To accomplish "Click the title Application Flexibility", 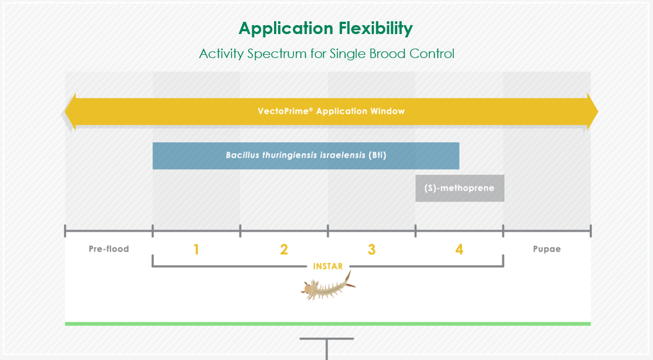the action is click(326, 29).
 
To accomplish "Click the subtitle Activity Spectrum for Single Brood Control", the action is click(326, 54).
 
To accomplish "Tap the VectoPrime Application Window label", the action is click(331, 111).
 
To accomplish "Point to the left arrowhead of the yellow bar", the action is click(70, 112).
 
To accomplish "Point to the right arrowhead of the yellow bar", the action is click(593, 112).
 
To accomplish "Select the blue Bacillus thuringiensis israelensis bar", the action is click(306, 156).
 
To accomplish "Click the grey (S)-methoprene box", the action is click(460, 188).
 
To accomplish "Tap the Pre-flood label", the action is click(109, 249).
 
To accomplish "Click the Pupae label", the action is click(547, 249).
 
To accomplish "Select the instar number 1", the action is click(196, 249).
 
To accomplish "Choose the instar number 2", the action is click(284, 249).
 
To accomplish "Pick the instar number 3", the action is click(372, 249).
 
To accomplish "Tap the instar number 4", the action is click(459, 249).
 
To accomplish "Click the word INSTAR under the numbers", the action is click(328, 266).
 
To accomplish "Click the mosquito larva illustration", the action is click(328, 286).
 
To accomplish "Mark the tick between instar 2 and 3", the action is click(328, 231).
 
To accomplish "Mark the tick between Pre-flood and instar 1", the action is click(152, 231).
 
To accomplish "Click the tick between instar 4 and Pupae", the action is click(503, 231).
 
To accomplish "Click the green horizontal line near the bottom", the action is click(328, 324).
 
